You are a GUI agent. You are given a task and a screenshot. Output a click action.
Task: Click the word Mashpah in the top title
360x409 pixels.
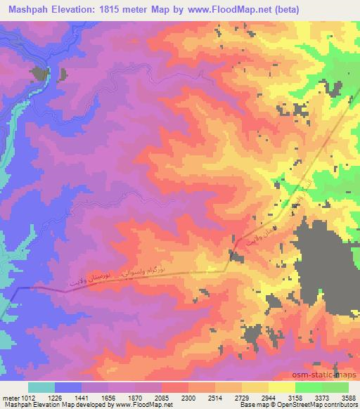pyautogui.click(x=30, y=9)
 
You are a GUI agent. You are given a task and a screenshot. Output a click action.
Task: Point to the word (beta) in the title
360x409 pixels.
pyautogui.click(x=283, y=9)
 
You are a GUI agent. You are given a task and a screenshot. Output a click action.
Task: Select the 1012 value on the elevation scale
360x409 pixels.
pyautogui.click(x=27, y=397)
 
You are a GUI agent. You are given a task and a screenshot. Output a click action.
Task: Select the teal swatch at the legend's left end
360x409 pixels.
pyautogui.click(x=41, y=387)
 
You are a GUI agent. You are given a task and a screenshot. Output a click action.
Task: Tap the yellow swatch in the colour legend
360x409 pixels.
pyautogui.click(x=281, y=387)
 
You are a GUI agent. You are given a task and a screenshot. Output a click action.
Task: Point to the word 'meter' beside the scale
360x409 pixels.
pyautogui.click(x=9, y=397)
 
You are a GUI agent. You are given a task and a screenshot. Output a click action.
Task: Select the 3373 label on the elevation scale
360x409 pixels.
pyautogui.click(x=321, y=397)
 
